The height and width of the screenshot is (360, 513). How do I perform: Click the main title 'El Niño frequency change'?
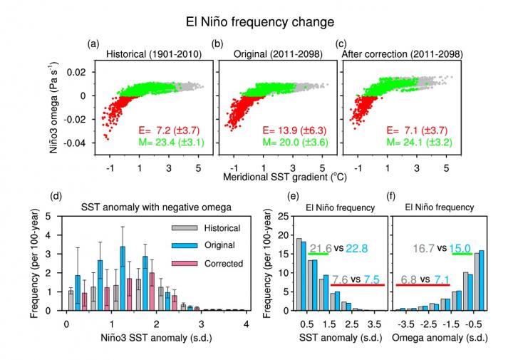[256, 22]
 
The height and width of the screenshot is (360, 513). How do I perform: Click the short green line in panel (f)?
[462, 254]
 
